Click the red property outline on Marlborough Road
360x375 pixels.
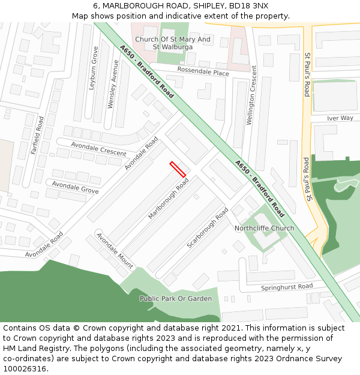178,169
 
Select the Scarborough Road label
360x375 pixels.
207,228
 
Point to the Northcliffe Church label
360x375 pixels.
264,228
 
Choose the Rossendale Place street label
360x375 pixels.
202,73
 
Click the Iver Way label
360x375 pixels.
340,118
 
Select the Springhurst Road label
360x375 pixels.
287,287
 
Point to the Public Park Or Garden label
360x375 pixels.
175,298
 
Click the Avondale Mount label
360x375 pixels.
115,251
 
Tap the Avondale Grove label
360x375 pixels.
75,187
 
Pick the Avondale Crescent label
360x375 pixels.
98,149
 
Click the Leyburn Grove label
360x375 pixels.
94,68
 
